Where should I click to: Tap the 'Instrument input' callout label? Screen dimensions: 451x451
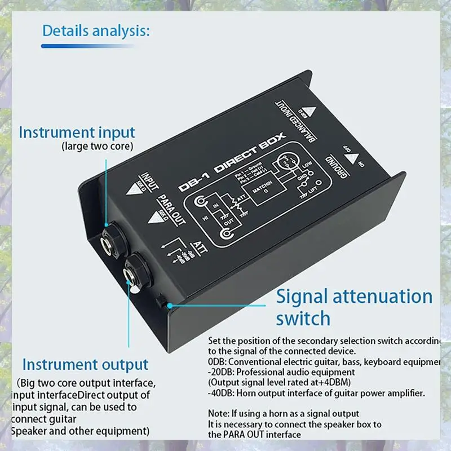[77, 132]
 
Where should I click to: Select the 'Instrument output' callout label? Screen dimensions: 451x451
[85, 364]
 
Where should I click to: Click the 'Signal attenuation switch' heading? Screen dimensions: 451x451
[354, 307]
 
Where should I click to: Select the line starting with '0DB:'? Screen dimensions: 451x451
[324, 361]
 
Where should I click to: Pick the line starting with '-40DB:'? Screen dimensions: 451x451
[316, 393]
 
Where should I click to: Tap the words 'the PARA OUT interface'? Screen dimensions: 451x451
[254, 435]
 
